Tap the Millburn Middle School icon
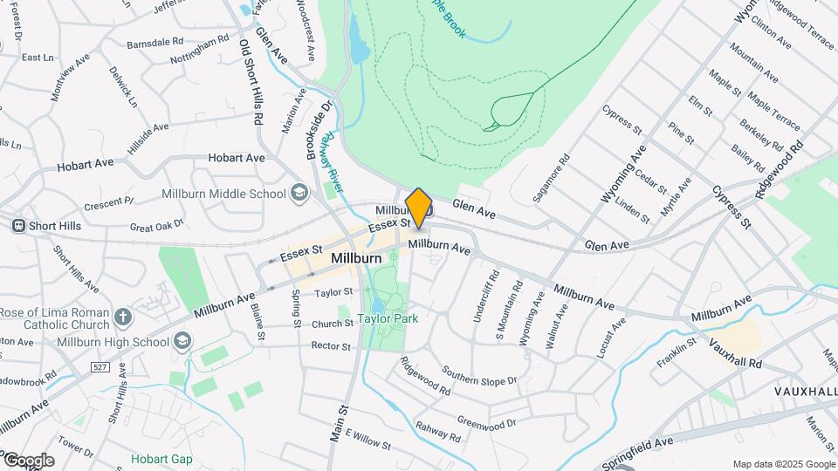299,193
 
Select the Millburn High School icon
182,340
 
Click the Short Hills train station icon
18,226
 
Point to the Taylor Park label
388,319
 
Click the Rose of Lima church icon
123,317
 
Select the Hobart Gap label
161,459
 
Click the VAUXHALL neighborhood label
805,392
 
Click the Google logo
28,460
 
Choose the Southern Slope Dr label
479,374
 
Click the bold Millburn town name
356,259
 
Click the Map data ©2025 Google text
783,464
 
